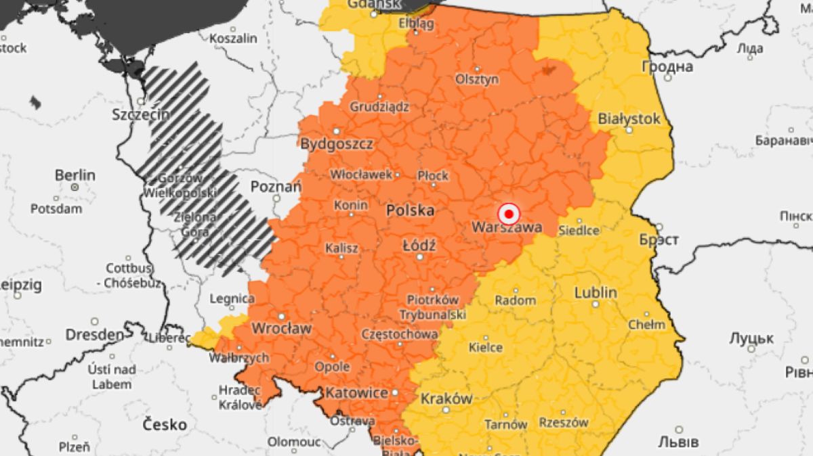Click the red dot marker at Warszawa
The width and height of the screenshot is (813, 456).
508,214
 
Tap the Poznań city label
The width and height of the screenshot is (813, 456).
275,186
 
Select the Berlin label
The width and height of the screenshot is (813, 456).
75,175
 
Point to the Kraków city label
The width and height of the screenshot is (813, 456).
446,398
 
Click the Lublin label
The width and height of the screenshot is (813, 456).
596,292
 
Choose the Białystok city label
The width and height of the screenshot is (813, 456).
629,118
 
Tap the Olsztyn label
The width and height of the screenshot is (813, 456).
477,79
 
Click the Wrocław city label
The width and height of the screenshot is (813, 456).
281,328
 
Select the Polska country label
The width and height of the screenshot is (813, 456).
410,210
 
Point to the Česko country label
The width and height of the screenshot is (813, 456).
165,425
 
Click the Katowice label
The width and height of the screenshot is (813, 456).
356,392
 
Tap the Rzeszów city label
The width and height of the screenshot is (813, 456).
564,422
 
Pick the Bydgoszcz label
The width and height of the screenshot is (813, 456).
337,143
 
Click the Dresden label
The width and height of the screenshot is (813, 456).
95,334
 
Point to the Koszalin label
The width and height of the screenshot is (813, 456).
233,39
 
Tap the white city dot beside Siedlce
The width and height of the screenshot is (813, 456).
579,221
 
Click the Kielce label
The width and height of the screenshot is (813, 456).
486,348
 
